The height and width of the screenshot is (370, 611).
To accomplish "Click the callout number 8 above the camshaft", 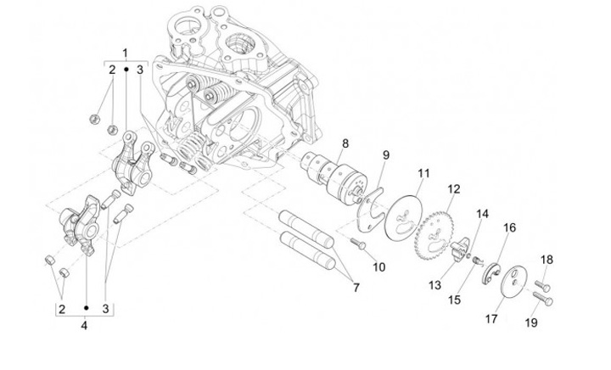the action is tap(345, 143).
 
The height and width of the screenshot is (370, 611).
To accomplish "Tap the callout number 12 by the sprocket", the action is tap(454, 189).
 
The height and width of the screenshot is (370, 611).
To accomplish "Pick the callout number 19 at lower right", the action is tap(531, 322).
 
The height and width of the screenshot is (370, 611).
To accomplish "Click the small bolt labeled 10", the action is tap(358, 244).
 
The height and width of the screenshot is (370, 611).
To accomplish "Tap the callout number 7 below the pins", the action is tap(356, 288).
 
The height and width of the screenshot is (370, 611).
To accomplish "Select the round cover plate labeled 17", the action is tap(513, 281).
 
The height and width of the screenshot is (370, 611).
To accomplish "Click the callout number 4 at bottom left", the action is tap(84, 325).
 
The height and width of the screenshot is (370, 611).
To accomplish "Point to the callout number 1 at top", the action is tap(125, 53).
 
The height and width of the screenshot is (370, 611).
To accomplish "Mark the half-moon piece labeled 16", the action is tap(491, 274).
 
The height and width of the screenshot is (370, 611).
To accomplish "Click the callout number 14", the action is tap(482, 214).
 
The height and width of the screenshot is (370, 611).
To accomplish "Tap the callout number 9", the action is tap(385, 155).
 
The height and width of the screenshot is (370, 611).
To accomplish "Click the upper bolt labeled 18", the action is tap(542, 286).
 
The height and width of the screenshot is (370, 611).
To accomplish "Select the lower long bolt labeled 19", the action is tap(542, 299).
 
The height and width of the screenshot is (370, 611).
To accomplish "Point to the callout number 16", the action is tap(509, 227).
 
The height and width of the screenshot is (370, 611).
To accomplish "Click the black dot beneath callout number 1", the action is tap(126, 70).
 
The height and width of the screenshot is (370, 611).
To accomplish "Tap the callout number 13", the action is tap(434, 285).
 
